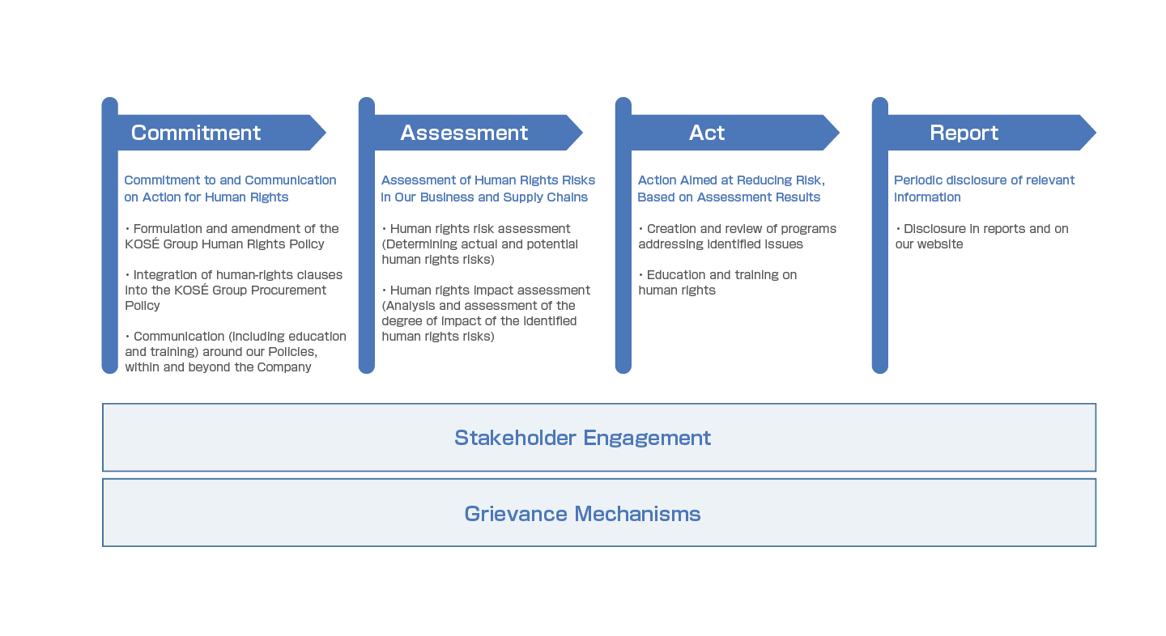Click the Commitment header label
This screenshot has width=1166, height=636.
pyautogui.click(x=196, y=133)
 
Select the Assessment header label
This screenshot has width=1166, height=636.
pyautogui.click(x=464, y=133)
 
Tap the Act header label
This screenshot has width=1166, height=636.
pyautogui.click(x=707, y=133)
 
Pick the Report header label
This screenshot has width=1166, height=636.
pyautogui.click(x=964, y=133)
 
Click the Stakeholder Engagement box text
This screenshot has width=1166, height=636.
pyautogui.click(x=582, y=438)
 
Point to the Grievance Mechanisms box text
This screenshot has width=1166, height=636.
pyautogui.click(x=582, y=514)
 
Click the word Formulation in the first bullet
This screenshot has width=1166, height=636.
pyautogui.click(x=168, y=229)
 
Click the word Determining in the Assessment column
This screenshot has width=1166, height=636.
pyautogui.click(x=422, y=244)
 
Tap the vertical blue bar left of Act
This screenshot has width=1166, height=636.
pyautogui.click(x=623, y=243)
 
